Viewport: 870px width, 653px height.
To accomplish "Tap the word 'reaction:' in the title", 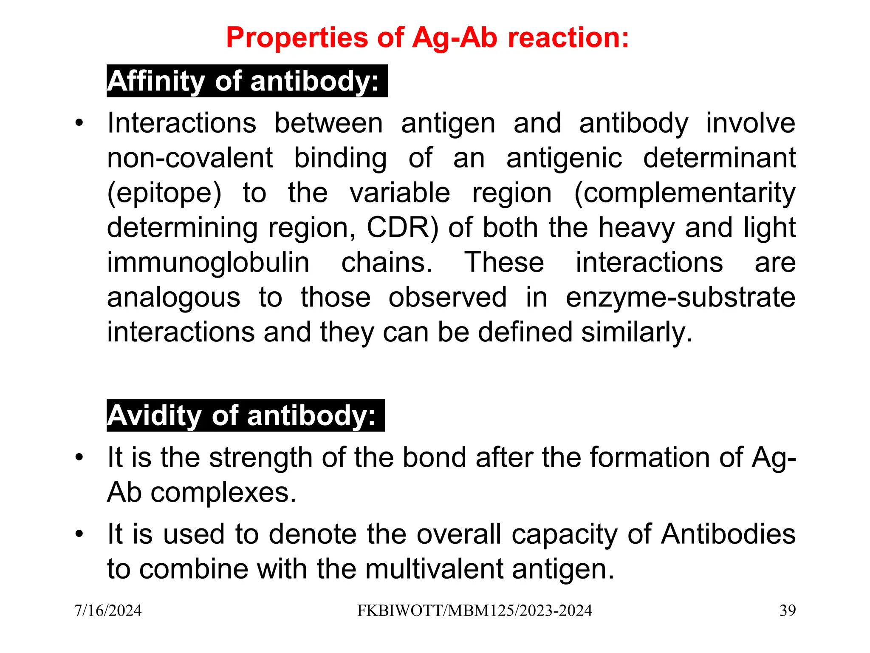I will click(568, 37).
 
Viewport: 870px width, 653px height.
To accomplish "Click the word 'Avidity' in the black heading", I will click(153, 415).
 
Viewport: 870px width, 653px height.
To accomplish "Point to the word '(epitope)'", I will click(164, 193).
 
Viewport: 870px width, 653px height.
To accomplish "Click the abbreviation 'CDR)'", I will click(402, 228).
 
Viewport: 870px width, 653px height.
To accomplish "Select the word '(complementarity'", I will click(685, 193).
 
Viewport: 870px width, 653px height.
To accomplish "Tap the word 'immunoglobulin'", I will click(208, 263).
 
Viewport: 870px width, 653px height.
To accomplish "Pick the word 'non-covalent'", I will click(190, 159).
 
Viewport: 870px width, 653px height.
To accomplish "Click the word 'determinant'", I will click(719, 158).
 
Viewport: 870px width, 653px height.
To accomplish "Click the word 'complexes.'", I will click(223, 493).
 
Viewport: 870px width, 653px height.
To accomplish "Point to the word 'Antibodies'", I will click(728, 534).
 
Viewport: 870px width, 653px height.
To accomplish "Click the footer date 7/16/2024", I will click(108, 611).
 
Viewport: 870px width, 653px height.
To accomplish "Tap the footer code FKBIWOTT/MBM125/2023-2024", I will click(475, 611).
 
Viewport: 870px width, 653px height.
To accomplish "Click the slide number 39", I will click(787, 611).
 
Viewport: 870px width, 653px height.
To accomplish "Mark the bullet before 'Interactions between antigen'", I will click(79, 124).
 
